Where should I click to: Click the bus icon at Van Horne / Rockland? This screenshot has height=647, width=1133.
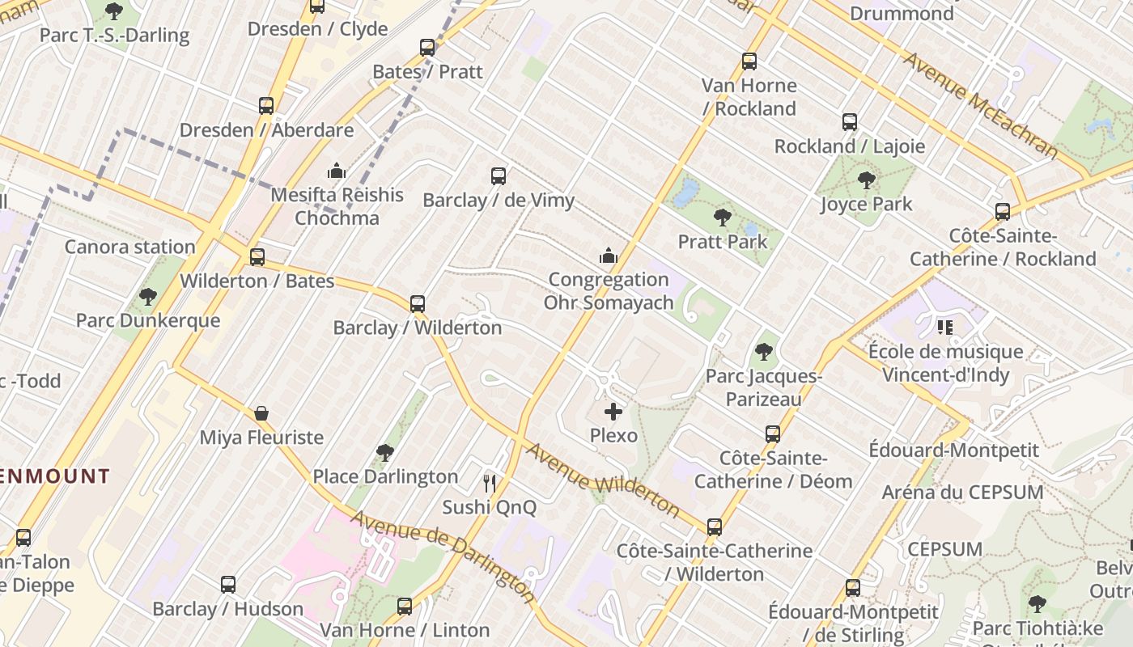(749, 61)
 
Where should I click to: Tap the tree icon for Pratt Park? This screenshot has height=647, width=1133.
(723, 218)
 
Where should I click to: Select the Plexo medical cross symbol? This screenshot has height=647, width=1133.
(613, 412)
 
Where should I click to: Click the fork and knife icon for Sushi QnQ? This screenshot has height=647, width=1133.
(489, 484)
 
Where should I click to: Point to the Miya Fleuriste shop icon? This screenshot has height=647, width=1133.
(261, 413)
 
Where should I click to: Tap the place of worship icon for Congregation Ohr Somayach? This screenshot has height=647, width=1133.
(609, 256)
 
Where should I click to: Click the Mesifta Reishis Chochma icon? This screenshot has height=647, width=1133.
(337, 171)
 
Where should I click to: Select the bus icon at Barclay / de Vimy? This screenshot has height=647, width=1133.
(499, 175)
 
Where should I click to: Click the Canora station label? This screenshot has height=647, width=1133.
(130, 247)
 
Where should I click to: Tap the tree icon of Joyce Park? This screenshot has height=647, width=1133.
(867, 180)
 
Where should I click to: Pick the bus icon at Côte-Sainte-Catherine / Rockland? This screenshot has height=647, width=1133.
(1003, 212)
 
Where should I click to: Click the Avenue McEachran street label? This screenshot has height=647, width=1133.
(980, 105)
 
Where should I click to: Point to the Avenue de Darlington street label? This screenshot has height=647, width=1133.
(443, 556)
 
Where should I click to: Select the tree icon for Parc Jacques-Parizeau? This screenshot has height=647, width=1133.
(763, 352)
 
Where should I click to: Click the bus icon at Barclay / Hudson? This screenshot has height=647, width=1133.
(228, 585)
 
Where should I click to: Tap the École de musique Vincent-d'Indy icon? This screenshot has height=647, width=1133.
(944, 328)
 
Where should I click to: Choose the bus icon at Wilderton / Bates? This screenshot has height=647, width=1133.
(257, 257)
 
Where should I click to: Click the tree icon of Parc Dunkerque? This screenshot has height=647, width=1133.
(148, 297)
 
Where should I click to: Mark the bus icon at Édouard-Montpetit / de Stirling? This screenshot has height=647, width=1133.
(853, 588)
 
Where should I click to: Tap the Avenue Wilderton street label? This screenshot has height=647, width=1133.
(603, 480)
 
